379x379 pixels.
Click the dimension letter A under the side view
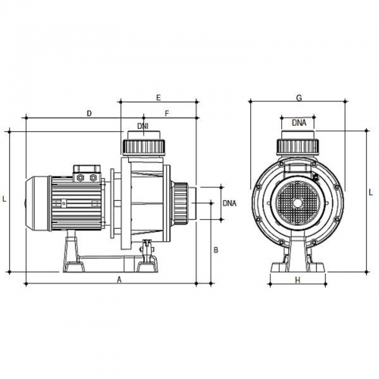(120, 279)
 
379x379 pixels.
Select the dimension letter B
(216, 250)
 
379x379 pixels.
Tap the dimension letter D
(89, 114)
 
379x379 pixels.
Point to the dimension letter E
(158, 98)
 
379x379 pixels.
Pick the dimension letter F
(167, 114)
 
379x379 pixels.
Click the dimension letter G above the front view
(299, 98)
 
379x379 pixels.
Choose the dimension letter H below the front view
(298, 280)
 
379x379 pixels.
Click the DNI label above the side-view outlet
(143, 126)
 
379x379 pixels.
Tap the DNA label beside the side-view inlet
(230, 203)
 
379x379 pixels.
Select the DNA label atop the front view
(299, 123)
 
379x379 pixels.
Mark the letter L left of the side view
(4, 199)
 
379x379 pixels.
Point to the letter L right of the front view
(371, 193)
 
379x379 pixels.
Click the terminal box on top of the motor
(87, 174)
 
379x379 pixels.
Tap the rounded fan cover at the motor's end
(38, 203)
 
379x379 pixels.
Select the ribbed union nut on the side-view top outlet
(144, 146)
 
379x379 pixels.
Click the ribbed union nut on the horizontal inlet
(180, 203)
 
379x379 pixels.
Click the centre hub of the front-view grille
(297, 203)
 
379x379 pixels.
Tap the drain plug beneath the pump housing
(147, 247)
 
